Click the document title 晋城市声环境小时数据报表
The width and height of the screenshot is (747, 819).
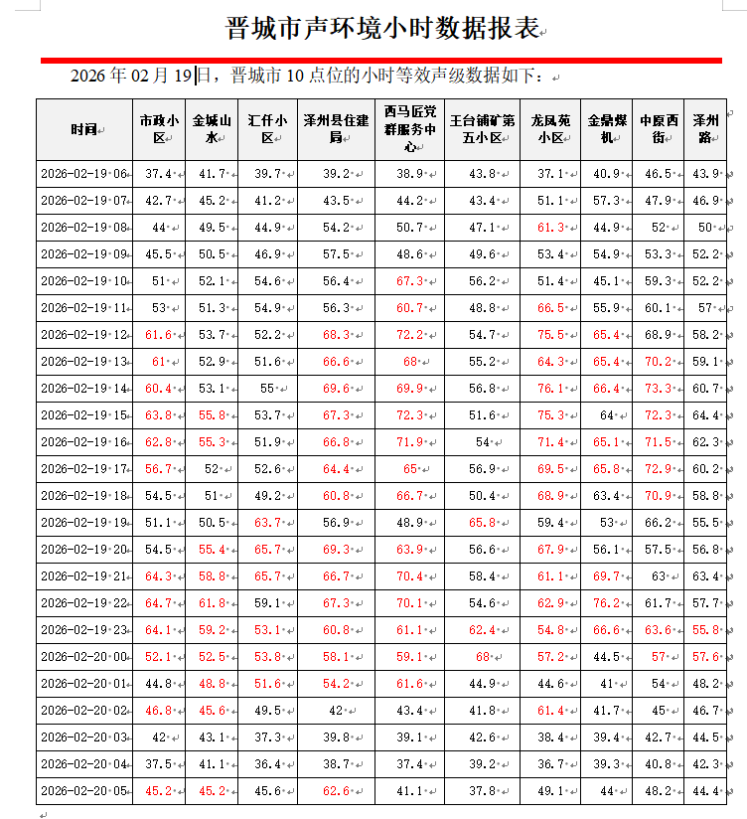point(382,28)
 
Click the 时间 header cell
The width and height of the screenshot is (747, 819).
point(84,129)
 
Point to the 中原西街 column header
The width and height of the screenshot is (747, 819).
point(659,129)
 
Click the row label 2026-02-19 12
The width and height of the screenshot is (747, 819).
point(84,335)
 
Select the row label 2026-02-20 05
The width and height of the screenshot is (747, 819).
point(84,791)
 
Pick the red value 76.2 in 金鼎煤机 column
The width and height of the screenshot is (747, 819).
point(605,603)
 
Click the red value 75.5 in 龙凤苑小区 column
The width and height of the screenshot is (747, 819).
point(549,335)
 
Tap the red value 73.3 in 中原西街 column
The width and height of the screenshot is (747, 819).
point(658,389)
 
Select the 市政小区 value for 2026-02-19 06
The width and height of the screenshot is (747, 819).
point(158,174)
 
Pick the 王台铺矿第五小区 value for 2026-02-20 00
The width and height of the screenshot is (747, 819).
point(483,657)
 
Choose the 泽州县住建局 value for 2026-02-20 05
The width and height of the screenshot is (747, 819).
point(336,791)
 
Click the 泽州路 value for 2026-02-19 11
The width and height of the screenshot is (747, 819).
point(707,308)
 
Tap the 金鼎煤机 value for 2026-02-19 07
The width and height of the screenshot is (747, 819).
point(605,201)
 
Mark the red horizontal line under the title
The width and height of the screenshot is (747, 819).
point(381,60)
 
